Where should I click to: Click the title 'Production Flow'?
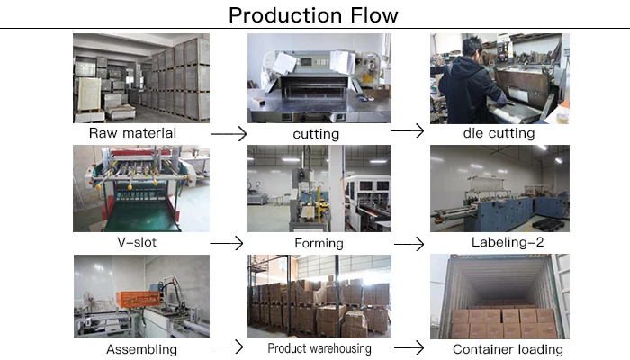tap(313, 15)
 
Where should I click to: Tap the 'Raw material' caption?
tap(132, 133)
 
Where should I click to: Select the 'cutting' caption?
tap(316, 134)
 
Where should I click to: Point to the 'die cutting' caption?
tap(499, 133)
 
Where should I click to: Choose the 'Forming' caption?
tap(319, 243)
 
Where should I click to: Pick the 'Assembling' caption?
tap(141, 349)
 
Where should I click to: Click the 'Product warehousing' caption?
tap(319, 348)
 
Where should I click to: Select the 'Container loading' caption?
tap(508, 349)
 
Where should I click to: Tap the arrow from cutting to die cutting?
tap(407, 131)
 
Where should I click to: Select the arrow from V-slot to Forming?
tap(226, 243)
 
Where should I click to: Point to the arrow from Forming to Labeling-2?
tap(409, 244)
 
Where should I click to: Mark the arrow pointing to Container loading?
tap(409, 346)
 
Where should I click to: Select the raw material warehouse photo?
tap(141, 78)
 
